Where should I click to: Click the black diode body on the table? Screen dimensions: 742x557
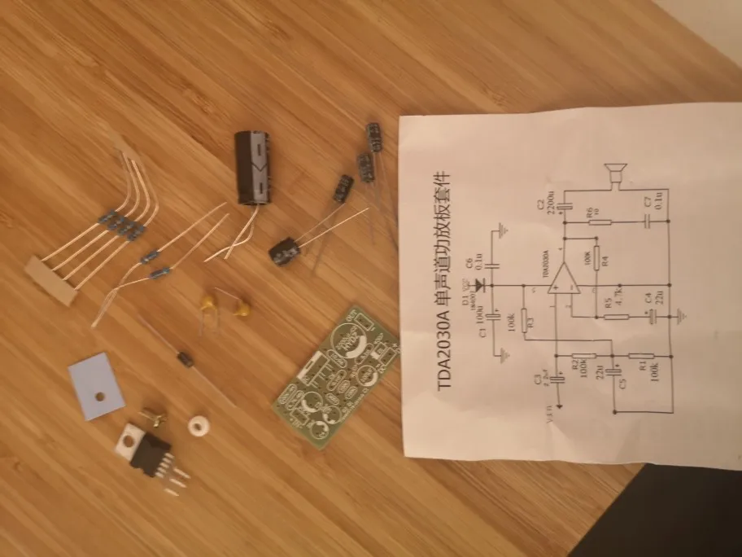click(186, 358)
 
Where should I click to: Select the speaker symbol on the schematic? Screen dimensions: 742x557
click(613, 173)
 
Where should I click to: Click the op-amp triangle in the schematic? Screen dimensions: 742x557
click(562, 283)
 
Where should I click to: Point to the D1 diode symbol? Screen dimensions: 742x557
click(478, 285)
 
